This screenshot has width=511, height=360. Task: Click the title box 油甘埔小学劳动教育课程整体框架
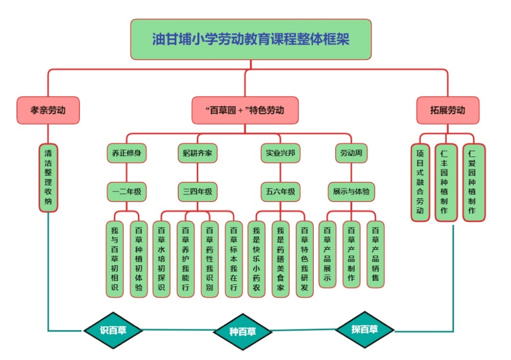(x=250, y=39)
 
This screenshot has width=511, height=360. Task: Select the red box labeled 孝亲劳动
(x=48, y=110)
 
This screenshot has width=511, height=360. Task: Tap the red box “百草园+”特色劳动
(x=245, y=110)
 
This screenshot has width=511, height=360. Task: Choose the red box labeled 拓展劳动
(x=448, y=110)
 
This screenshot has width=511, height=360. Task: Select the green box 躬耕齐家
(x=197, y=152)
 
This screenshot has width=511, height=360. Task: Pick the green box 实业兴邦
(x=280, y=152)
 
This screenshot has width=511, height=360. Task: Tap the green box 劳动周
(x=352, y=152)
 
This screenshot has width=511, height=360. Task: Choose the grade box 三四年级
(x=197, y=192)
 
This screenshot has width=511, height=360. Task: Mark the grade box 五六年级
(x=280, y=192)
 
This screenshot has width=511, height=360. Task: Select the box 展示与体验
(x=352, y=192)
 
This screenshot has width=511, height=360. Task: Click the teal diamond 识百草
(x=113, y=330)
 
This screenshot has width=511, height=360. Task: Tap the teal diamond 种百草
(x=242, y=331)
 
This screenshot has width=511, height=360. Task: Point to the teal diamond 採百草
(x=365, y=329)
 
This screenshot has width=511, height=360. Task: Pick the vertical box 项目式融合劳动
(x=420, y=182)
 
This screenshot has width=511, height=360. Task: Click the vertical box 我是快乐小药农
(x=255, y=259)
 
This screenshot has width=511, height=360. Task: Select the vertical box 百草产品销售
(x=376, y=254)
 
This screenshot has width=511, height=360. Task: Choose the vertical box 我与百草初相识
(x=114, y=259)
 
